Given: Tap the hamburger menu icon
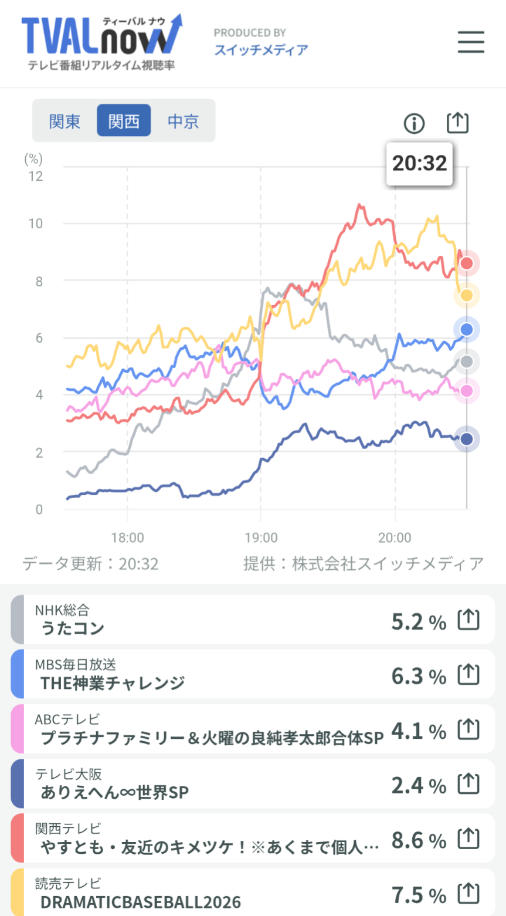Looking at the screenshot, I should [x=471, y=42].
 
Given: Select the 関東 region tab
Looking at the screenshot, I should [x=65, y=121].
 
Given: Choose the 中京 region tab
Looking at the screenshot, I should [x=183, y=121].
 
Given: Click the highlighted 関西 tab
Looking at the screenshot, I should [x=124, y=121].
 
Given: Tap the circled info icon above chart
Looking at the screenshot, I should [x=414, y=123].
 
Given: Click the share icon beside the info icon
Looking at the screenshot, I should [x=457, y=123].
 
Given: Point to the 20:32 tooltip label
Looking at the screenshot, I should [x=419, y=164].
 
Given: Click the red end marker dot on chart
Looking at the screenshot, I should [x=467, y=263].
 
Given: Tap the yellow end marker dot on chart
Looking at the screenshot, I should [x=467, y=296].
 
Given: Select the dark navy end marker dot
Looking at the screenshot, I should [x=467, y=439].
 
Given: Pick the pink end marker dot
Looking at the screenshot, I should [x=467, y=391].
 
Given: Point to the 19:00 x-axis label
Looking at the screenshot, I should [x=261, y=538].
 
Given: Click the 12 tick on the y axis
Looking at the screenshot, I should [x=36, y=176].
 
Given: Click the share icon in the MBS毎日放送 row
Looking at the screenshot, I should [x=468, y=675].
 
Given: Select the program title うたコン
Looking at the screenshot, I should [x=72, y=628].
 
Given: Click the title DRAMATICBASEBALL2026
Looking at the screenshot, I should [x=140, y=902].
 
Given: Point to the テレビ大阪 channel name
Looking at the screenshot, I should [x=69, y=774].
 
